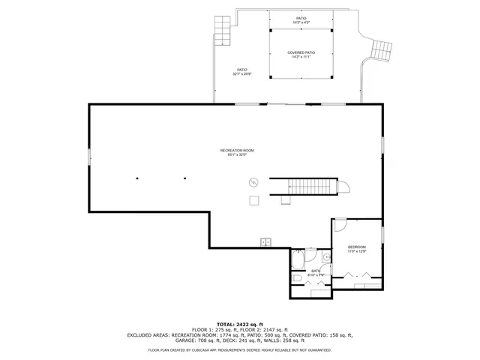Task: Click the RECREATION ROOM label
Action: pyautogui.click(x=237, y=151)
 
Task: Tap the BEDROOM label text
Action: pyautogui.click(x=356, y=247)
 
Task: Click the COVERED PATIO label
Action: pyautogui.click(x=301, y=52)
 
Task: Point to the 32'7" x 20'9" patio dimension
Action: pyautogui.click(x=241, y=73)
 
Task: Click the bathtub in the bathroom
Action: pyautogui.click(x=297, y=259)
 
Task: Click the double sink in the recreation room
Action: pyautogui.click(x=265, y=241)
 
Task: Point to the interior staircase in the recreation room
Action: pyautogui.click(x=307, y=185)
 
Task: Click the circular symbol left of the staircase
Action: pyautogui.click(x=253, y=181)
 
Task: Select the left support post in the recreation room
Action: pyautogui.click(x=137, y=178)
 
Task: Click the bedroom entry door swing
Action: pyautogui.click(x=340, y=223)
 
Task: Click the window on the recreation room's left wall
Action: pyautogui.click(x=90, y=157)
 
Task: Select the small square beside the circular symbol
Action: pyautogui.click(x=254, y=199)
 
